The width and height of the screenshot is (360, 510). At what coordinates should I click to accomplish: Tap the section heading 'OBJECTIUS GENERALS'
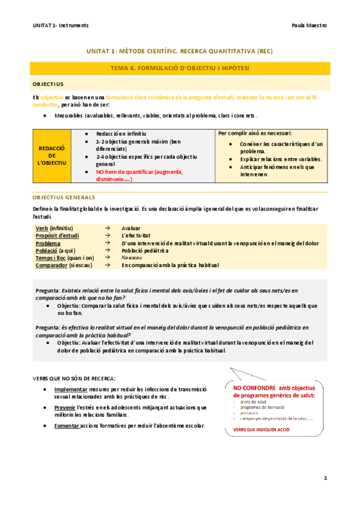coord(64,197)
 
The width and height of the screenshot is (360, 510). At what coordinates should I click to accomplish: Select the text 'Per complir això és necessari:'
coord(255,133)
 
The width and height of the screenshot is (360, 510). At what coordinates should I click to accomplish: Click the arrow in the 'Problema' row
coord(106,243)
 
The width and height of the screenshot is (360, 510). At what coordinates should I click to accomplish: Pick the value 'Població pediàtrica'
coord(145,250)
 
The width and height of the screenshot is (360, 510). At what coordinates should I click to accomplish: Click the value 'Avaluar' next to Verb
coord(131,229)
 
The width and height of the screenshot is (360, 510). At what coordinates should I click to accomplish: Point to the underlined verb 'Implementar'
coord(79,389)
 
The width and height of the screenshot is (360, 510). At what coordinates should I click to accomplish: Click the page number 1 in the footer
coord(325,478)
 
